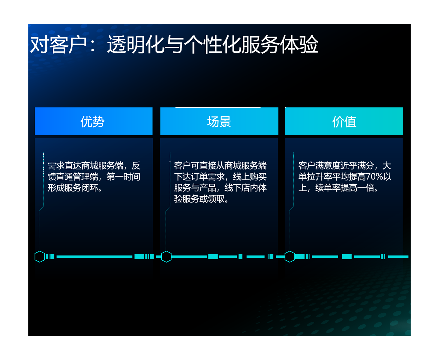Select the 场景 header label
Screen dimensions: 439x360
point(219,121)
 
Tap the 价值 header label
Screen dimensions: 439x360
point(344,121)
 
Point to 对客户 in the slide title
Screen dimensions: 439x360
point(58,45)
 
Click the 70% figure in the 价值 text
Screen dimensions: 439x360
point(375,177)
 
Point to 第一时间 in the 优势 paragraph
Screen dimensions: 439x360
point(123,177)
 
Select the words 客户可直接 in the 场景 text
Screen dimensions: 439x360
point(195,166)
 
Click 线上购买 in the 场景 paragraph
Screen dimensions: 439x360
point(250,177)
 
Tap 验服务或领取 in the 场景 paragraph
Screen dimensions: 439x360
point(199,199)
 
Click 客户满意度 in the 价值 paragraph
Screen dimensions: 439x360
point(319,166)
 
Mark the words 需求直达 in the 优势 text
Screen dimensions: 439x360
point(64,166)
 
